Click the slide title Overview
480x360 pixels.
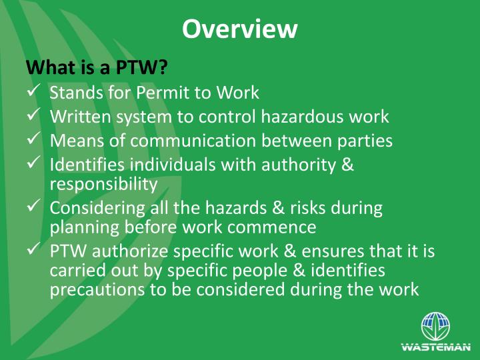tap(239, 29)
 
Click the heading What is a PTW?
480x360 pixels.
tap(95, 67)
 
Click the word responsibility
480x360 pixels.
tap(103, 183)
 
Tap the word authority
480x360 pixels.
tap(305, 165)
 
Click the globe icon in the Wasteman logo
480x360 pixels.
tap(435, 327)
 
